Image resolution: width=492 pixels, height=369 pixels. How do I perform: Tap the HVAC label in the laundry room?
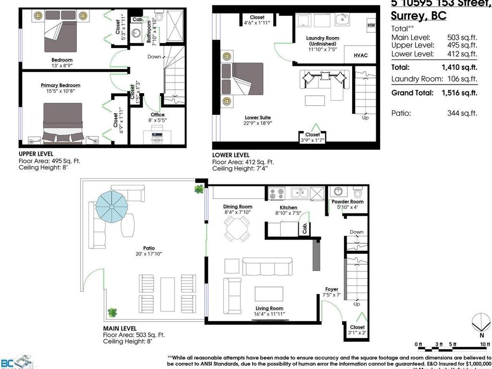tap(360, 55)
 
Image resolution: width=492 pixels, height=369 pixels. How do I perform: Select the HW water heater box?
tap(371, 25)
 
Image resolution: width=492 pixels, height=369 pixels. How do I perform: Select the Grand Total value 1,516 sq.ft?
tap(459, 93)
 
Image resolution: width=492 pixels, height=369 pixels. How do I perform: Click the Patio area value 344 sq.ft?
tap(462, 114)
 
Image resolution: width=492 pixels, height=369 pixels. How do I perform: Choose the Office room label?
tap(157, 115)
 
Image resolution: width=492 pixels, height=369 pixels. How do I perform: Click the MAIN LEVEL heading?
tap(120, 328)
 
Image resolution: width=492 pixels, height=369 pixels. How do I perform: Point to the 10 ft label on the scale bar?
tap(485, 344)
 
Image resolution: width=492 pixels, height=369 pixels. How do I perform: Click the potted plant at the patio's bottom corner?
tap(112, 312)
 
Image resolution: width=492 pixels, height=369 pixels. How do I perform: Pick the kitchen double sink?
tap(300, 193)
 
